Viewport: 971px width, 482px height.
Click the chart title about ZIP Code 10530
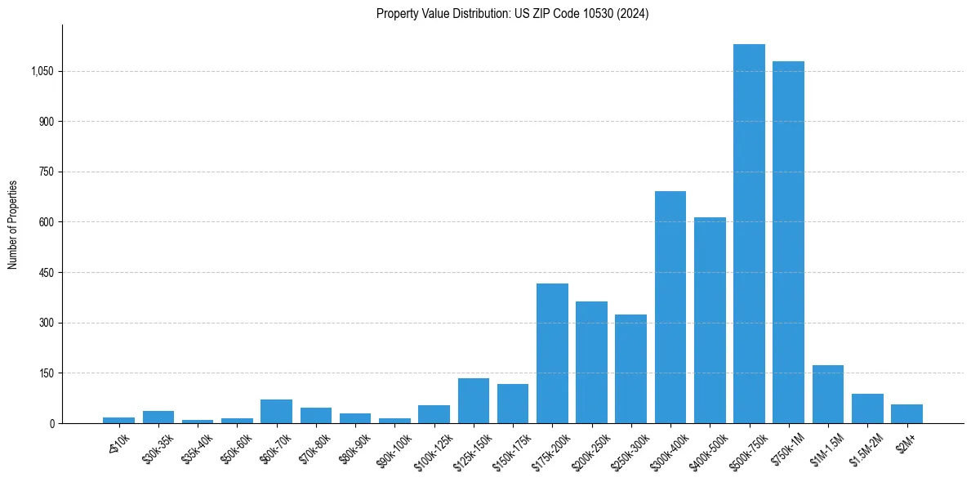click(x=512, y=14)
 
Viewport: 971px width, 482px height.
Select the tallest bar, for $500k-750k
click(x=749, y=234)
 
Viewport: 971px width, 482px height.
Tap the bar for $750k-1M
click(x=788, y=242)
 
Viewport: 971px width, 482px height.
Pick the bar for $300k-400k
click(x=670, y=307)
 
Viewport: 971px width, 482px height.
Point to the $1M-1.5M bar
click(x=827, y=394)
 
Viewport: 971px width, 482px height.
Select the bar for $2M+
click(x=906, y=413)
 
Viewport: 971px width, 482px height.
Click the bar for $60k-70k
click(x=276, y=411)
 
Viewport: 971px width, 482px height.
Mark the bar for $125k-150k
click(x=474, y=400)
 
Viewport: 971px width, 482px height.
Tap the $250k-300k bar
click(x=630, y=368)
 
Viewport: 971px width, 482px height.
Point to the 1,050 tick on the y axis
click(x=42, y=71)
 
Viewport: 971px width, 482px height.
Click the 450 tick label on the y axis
click(x=46, y=273)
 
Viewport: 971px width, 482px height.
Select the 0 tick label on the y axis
click(x=51, y=423)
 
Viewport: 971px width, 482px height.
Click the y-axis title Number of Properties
click(x=13, y=224)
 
